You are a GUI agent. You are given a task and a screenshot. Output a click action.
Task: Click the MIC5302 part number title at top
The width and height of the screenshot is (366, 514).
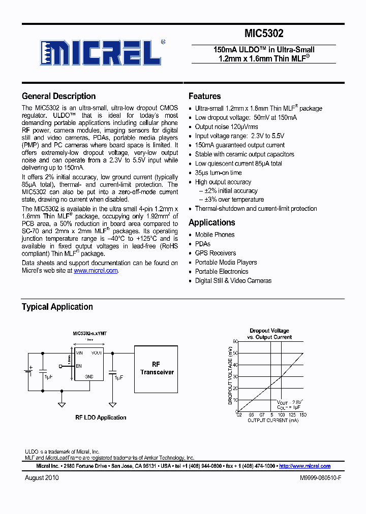tap(264, 34)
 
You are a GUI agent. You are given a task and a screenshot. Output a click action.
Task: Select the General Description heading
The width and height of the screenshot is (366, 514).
tap(58, 96)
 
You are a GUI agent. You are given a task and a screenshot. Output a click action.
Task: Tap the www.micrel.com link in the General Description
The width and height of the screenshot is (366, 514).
tap(96, 271)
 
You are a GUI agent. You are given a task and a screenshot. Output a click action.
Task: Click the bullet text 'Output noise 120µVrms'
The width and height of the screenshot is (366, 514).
tap(226, 126)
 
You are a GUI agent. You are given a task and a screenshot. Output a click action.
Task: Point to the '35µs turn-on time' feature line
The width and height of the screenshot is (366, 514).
tap(218, 173)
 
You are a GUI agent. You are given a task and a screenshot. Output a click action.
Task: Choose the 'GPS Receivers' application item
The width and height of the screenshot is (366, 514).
tap(216, 253)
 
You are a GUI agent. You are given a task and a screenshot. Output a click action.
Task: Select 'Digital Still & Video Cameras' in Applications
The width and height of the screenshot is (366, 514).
tap(233, 280)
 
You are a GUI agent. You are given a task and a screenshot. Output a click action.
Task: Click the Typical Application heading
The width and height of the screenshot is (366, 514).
tap(57, 307)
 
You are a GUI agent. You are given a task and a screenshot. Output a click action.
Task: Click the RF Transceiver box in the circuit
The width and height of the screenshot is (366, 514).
tap(156, 369)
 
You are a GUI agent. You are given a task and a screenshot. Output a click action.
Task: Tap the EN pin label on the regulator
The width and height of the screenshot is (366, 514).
tap(79, 366)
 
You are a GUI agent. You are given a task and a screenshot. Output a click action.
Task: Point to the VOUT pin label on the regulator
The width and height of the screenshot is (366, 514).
tap(97, 352)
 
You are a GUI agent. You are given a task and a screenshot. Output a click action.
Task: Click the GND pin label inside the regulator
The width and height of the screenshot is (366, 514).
tap(89, 376)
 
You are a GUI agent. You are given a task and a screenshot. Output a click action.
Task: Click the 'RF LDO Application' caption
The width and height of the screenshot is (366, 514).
tap(101, 417)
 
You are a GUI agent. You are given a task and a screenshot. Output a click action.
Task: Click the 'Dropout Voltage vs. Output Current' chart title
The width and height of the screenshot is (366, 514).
tap(269, 334)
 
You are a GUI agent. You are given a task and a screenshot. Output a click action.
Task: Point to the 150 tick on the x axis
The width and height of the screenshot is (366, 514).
tap(303, 415)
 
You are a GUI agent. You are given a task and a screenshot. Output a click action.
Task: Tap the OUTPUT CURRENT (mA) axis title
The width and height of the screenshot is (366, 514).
tap(272, 421)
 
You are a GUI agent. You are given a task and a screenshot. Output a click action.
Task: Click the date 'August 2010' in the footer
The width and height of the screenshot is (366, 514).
tap(42, 478)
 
